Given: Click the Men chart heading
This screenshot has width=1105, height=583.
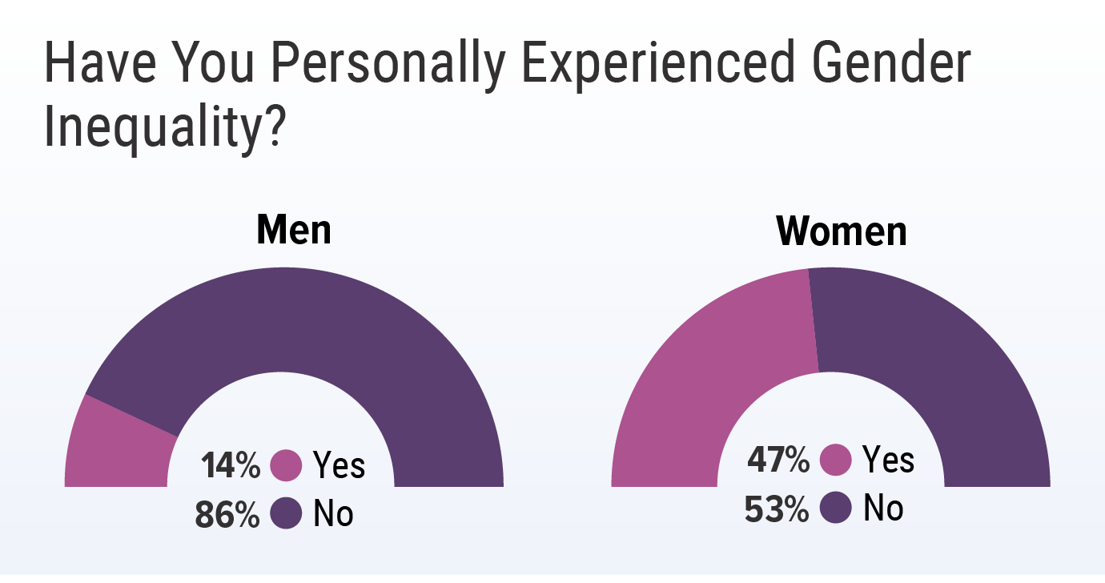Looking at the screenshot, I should tap(293, 231).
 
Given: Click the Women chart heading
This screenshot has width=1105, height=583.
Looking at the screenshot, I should tap(842, 232).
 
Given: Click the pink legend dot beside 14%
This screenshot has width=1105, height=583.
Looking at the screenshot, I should tap(286, 465).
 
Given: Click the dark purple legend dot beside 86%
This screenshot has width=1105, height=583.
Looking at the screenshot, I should tap(286, 514).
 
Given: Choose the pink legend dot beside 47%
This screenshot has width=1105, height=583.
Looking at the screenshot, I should tap(836, 460).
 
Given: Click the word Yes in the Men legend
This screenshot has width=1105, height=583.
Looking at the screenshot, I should tap(339, 465).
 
